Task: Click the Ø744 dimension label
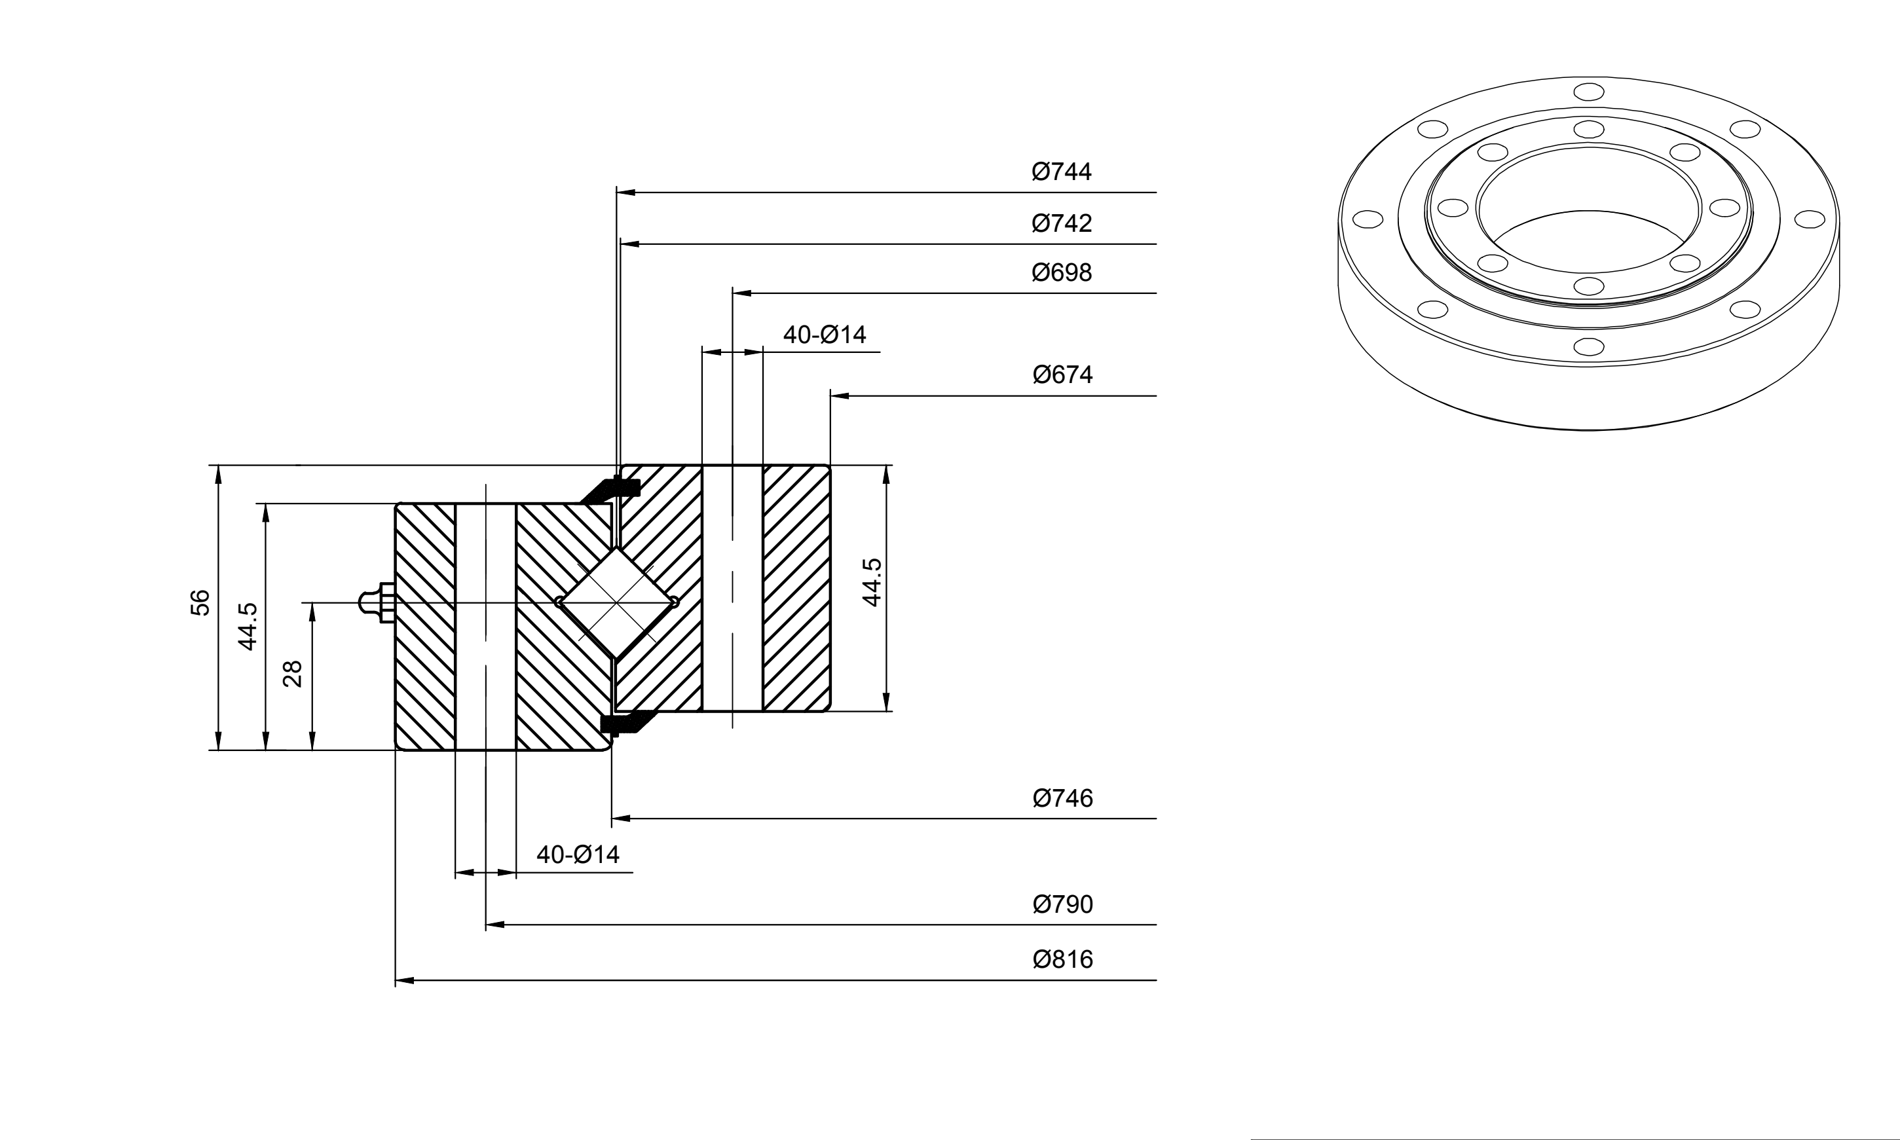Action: pyautogui.click(x=1062, y=172)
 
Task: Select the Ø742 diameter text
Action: pyautogui.click(x=1062, y=223)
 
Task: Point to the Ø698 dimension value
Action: pyautogui.click(x=1062, y=272)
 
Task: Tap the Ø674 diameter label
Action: pyautogui.click(x=1062, y=375)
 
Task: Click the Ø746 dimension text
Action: pyautogui.click(x=1062, y=799)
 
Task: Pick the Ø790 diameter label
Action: pyautogui.click(x=1062, y=904)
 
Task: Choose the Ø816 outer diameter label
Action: pyautogui.click(x=1062, y=959)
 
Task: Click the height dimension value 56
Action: pyautogui.click(x=200, y=602)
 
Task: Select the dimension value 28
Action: pyautogui.click(x=293, y=674)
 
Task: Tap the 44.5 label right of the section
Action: pyautogui.click(x=872, y=582)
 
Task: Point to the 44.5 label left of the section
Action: pyautogui.click(x=248, y=627)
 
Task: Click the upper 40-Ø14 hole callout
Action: pyautogui.click(x=825, y=335)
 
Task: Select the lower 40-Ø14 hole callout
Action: pyautogui.click(x=578, y=855)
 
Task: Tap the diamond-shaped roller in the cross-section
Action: pyautogui.click(x=616, y=602)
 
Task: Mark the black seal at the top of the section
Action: pyautogui.click(x=611, y=489)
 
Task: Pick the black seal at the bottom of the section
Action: pyautogui.click(x=626, y=723)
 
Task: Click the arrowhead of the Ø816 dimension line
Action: pyautogui.click(x=405, y=981)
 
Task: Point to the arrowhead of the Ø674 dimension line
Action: pyautogui.click(x=840, y=395)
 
